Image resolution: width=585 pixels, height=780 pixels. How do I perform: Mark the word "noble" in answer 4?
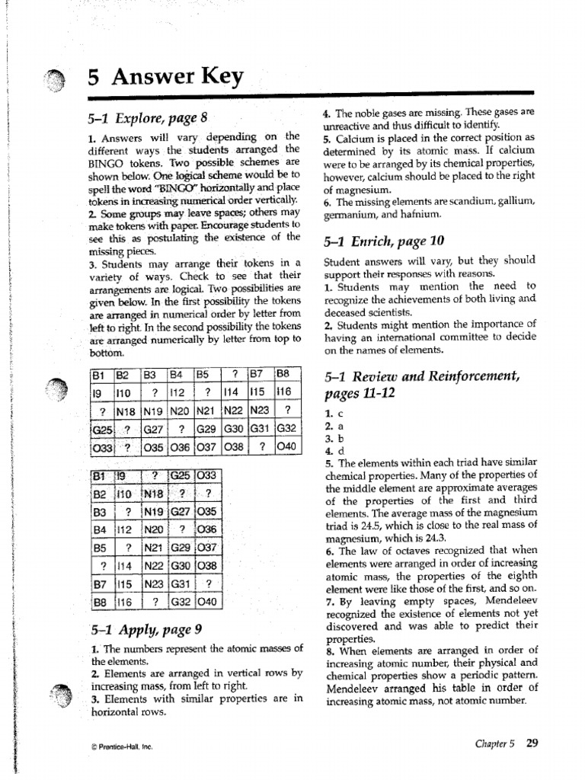pos(366,111)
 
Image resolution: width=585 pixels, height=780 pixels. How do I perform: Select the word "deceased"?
pos(347,312)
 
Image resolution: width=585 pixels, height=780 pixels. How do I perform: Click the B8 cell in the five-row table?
pos(284,374)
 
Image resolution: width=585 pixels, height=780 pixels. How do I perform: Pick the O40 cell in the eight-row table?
pos(209,602)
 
